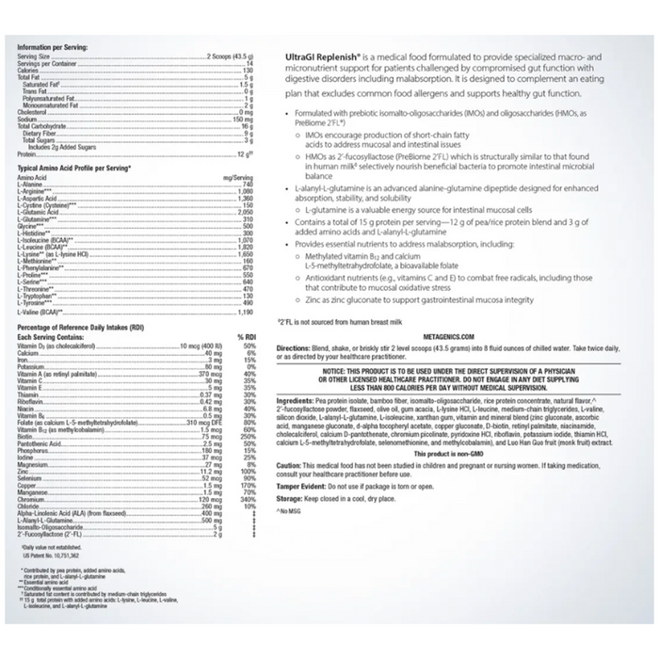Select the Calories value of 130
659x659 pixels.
[248, 70]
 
